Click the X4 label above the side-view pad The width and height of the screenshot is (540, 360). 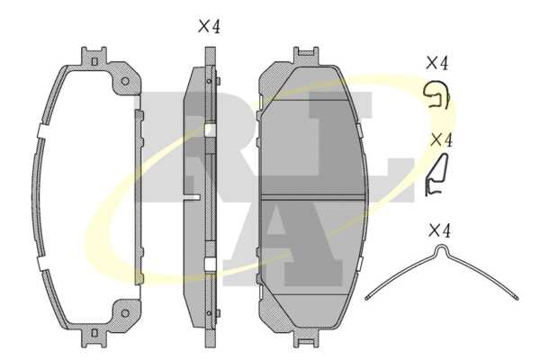click(209, 26)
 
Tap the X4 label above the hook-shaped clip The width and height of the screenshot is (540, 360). click(436, 63)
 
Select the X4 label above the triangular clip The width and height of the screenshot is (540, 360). click(442, 139)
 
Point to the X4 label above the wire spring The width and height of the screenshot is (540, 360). click(439, 230)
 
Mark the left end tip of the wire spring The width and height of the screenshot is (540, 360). click(367, 298)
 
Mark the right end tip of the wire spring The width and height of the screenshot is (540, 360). click(516, 298)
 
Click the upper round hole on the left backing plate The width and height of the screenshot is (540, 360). click(125, 81)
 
